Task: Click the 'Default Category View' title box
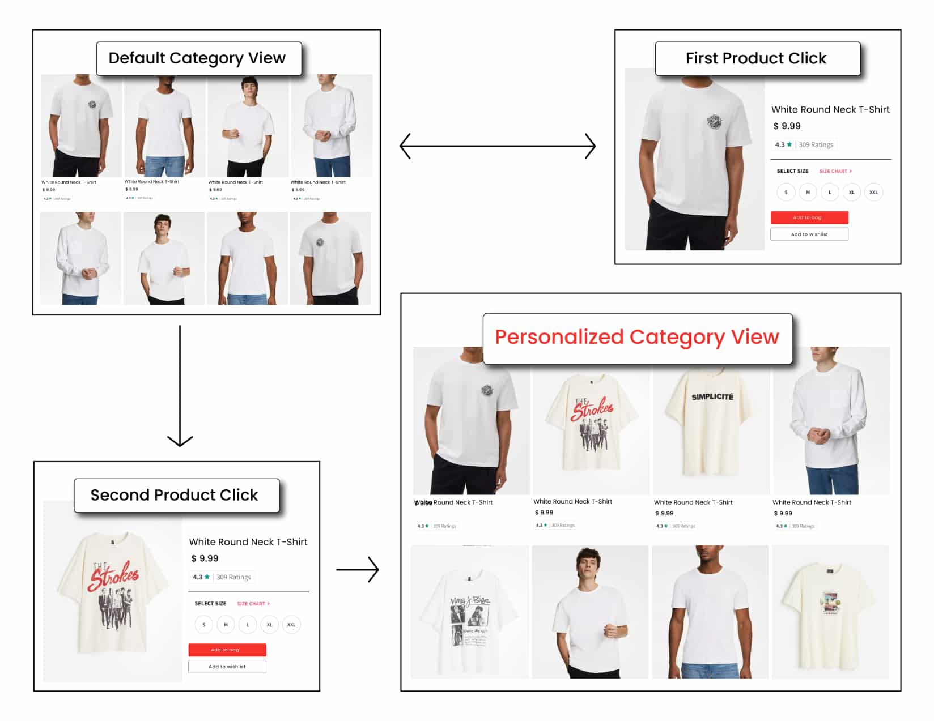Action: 198,58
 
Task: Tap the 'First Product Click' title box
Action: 757,58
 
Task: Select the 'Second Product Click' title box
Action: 176,495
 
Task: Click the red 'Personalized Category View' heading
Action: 637,338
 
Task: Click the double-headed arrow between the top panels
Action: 498,146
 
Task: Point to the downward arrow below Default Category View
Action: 180,385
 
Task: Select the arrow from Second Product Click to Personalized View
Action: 358,569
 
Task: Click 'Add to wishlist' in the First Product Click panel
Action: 809,234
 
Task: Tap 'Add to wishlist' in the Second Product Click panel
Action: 227,667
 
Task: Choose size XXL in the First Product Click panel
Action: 873,193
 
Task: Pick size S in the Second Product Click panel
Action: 204,625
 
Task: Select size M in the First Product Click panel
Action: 808,193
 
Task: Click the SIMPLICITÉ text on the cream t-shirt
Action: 712,397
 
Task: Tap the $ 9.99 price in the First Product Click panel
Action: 787,126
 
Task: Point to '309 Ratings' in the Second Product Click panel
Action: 233,577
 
